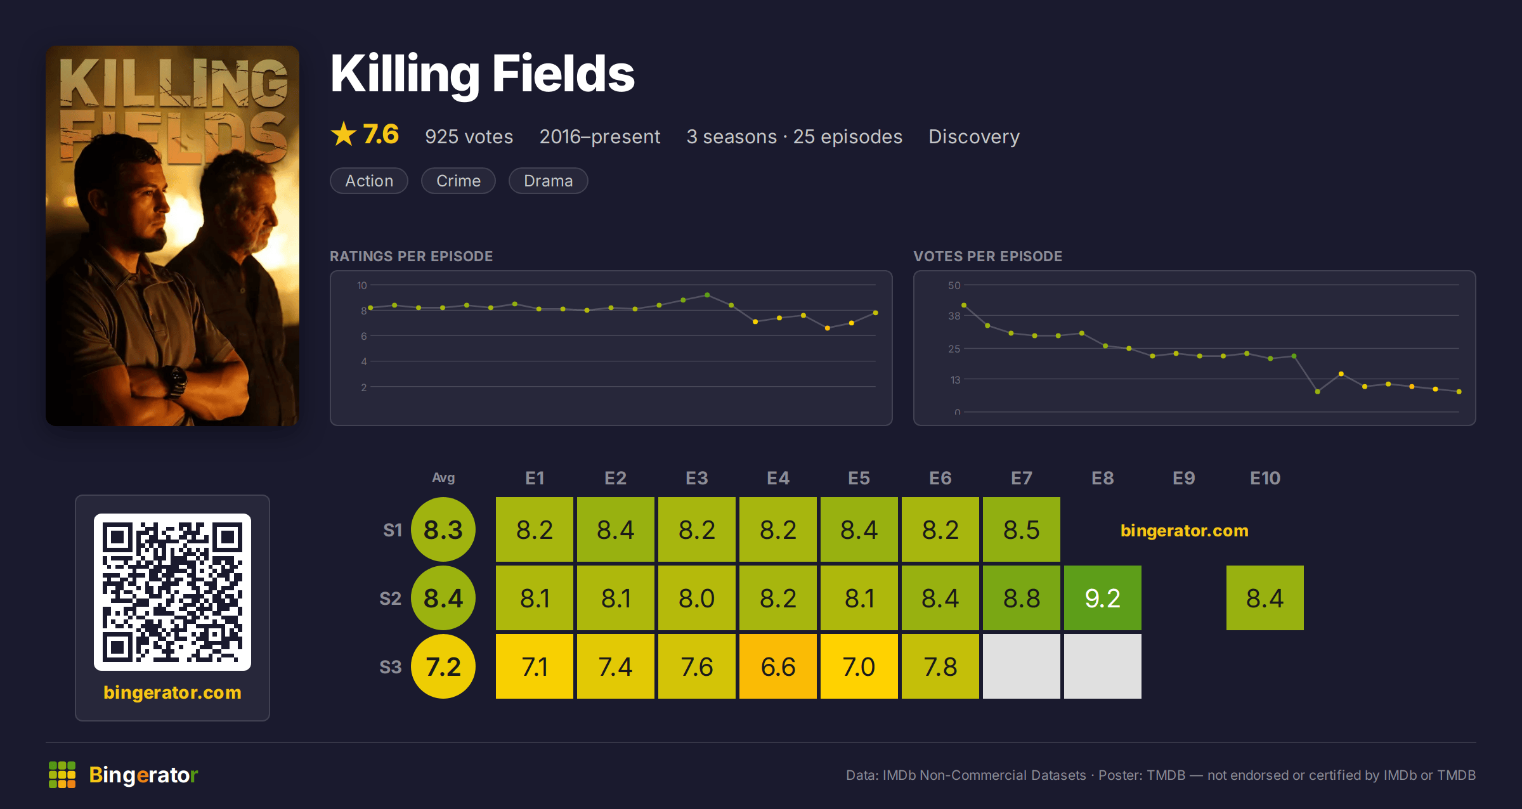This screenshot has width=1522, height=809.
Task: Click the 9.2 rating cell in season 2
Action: [1103, 598]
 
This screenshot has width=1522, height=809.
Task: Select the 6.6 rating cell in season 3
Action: [778, 666]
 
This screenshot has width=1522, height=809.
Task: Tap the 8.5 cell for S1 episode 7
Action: [1022, 529]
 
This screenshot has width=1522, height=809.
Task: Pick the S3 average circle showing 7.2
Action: [443, 666]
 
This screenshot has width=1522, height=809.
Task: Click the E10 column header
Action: [1265, 478]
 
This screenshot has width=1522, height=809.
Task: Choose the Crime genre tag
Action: [459, 181]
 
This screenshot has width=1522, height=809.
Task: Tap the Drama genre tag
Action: [549, 181]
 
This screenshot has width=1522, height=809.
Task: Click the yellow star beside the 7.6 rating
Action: [344, 134]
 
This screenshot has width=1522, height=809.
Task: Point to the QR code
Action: [172, 592]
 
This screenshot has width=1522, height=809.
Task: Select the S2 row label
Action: [391, 599]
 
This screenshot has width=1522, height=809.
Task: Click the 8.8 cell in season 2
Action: [1022, 598]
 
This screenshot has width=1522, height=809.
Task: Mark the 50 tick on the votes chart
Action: [954, 285]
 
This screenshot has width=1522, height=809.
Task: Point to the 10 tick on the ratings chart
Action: [361, 285]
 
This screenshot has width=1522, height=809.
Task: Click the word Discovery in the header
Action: [974, 137]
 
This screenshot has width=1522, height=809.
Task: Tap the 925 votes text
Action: [469, 137]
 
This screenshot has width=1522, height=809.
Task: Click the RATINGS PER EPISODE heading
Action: [411, 256]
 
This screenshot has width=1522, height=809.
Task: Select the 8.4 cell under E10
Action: [1265, 598]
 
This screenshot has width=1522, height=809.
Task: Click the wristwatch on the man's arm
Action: [174, 381]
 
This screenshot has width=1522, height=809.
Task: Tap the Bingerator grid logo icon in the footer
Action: [62, 775]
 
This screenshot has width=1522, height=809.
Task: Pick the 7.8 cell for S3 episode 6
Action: [940, 666]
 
